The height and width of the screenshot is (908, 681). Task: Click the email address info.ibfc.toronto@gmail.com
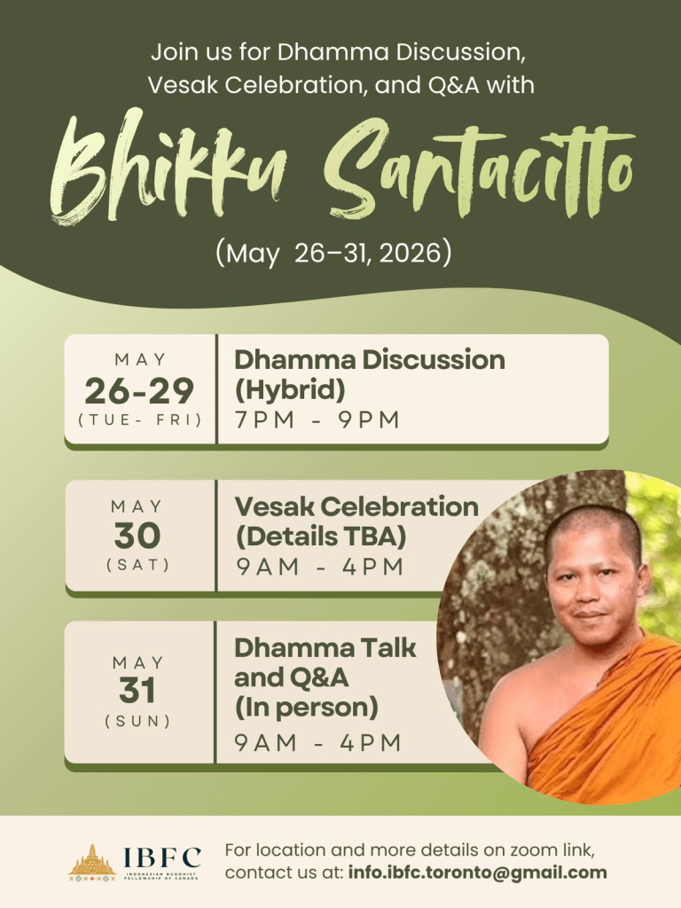[477, 873]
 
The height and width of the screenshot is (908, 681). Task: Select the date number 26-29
[139, 391]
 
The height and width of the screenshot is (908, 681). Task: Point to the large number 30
[137, 536]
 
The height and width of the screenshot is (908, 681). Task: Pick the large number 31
[137, 690]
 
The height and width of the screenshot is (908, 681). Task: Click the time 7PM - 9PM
[317, 419]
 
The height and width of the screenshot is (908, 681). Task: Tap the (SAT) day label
[137, 565]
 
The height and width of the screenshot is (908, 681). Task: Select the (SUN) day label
[137, 721]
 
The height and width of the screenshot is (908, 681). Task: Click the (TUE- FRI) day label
[140, 419]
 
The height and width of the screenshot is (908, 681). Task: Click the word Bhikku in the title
[168, 168]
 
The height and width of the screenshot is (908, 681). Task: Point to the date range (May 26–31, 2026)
[333, 253]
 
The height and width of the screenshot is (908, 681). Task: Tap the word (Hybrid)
[290, 389]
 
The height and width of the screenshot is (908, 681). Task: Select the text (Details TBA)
[321, 536]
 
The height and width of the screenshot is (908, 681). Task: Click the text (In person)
[306, 707]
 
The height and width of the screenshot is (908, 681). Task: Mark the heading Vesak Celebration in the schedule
[356, 506]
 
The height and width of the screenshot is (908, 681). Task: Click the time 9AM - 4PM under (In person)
[318, 742]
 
